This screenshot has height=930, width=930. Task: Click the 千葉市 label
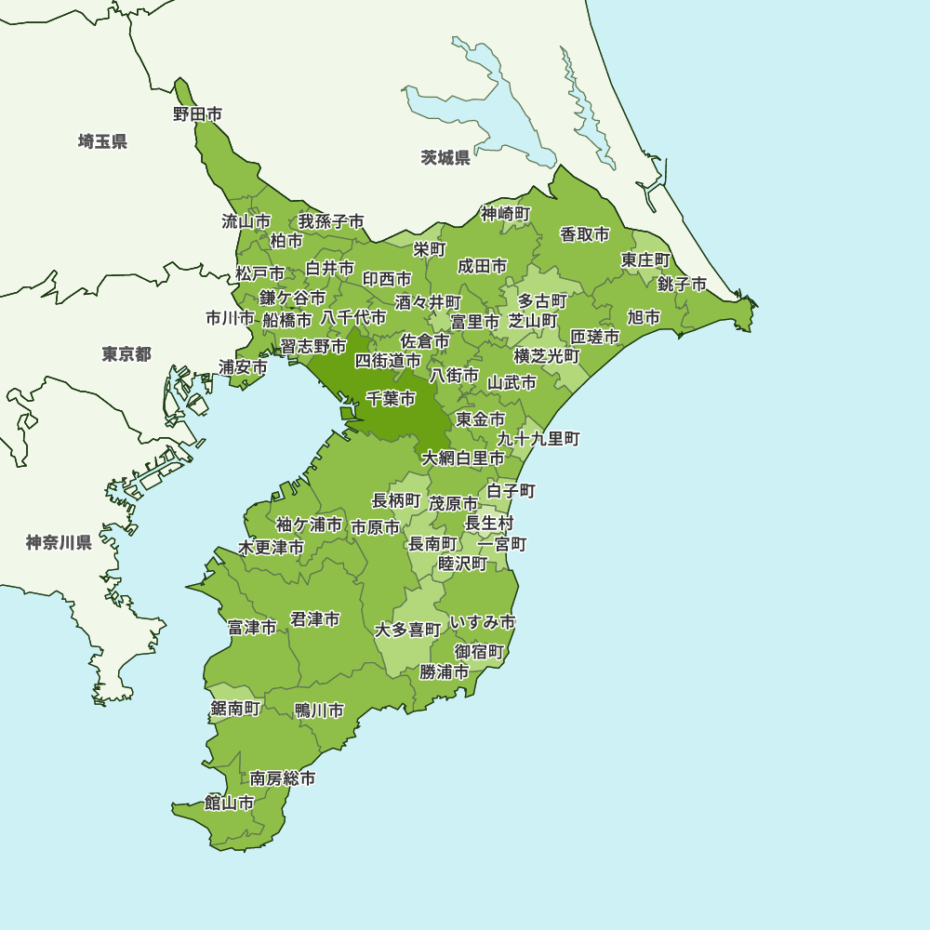pyautogui.click(x=391, y=398)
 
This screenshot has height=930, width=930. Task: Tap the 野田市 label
pyautogui.click(x=197, y=114)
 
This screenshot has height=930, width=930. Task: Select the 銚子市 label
pyautogui.click(x=682, y=284)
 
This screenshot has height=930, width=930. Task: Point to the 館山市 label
pyautogui.click(x=230, y=803)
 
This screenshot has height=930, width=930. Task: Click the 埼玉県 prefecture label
pyautogui.click(x=102, y=141)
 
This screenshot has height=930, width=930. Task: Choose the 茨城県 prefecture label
pyautogui.click(x=445, y=157)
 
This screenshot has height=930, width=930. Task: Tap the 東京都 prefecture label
pyautogui.click(x=126, y=354)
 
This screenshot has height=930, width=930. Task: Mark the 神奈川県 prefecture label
pyautogui.click(x=59, y=542)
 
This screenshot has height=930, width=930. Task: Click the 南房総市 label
pyautogui.click(x=283, y=777)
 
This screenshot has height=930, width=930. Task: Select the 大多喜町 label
pyautogui.click(x=408, y=630)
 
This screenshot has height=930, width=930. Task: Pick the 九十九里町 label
pyautogui.click(x=538, y=438)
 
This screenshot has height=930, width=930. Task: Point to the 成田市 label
pyautogui.click(x=483, y=266)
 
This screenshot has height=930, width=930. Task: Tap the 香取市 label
pyautogui.click(x=585, y=233)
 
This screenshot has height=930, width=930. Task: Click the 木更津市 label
pyautogui.click(x=271, y=547)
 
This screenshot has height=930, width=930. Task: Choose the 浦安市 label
pyautogui.click(x=244, y=366)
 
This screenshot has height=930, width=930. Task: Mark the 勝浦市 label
pyautogui.click(x=444, y=671)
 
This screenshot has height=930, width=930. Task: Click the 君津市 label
pyautogui.click(x=314, y=618)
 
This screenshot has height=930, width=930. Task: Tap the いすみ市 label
pyautogui.click(x=482, y=621)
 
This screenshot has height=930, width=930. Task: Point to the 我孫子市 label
pyautogui.click(x=331, y=221)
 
